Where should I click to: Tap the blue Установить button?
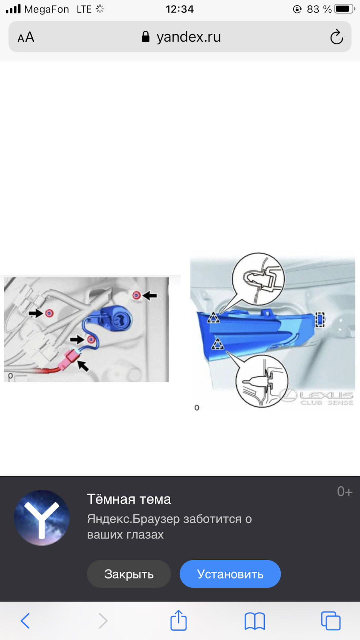click(x=230, y=574)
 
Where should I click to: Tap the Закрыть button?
click(x=129, y=574)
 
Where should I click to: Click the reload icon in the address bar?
click(x=337, y=37)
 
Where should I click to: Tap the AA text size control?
click(x=26, y=37)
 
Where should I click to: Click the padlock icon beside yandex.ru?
click(x=145, y=37)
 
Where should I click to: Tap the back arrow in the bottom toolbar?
click(x=25, y=621)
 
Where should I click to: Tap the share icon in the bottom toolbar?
click(x=178, y=620)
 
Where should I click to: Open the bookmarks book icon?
click(x=255, y=621)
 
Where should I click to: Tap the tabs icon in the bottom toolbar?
click(x=331, y=621)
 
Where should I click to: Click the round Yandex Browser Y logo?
click(x=42, y=517)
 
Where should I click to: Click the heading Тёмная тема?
click(x=129, y=499)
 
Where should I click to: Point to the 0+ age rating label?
click(x=345, y=492)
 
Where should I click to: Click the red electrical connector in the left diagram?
click(x=70, y=358)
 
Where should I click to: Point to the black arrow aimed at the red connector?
click(x=83, y=366)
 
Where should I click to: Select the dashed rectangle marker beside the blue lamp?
click(x=320, y=319)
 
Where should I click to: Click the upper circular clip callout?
click(x=258, y=279)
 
